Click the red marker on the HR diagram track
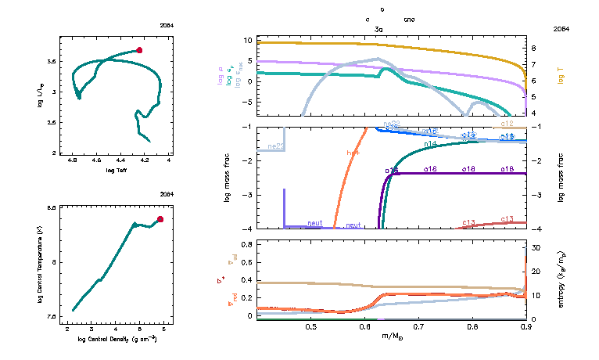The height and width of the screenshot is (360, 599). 139,50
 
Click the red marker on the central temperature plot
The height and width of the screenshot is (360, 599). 160,219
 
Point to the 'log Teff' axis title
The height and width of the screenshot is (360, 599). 117,170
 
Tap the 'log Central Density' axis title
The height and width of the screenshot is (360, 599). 117,340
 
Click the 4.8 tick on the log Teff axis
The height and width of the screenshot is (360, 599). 73,160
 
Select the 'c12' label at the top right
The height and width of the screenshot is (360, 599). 507,124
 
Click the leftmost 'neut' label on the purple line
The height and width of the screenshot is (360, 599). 315,224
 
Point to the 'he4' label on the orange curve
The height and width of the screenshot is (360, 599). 353,153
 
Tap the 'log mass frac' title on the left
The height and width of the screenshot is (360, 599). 228,178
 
